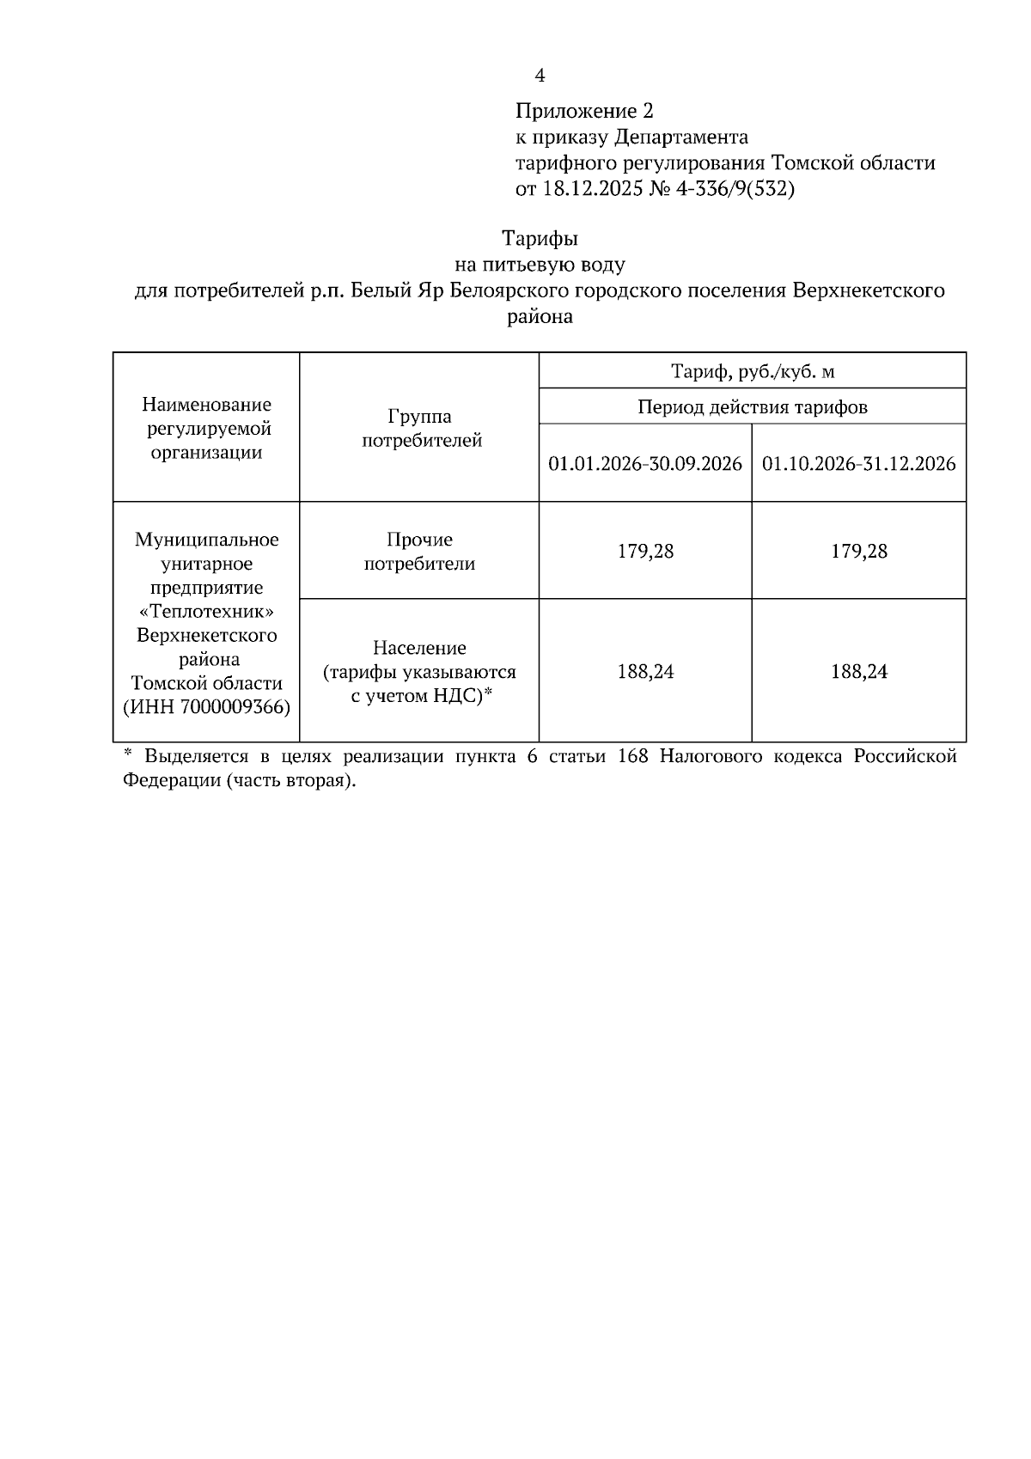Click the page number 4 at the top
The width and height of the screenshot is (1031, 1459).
coord(540,76)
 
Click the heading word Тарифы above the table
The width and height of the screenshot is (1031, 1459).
coord(540,238)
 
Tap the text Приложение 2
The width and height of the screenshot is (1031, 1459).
coord(584,111)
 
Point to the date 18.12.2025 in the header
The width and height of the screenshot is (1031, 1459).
coord(592,189)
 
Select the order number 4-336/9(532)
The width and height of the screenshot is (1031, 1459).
coord(735,189)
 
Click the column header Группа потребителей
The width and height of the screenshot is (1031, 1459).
coord(419,428)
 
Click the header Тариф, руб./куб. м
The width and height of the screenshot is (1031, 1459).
coord(752,371)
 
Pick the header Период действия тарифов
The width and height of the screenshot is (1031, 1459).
coord(752,406)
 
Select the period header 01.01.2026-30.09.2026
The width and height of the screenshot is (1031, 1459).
coord(645,464)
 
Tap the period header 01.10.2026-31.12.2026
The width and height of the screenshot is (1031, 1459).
coord(859,464)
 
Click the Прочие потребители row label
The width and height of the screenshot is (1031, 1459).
coord(419,552)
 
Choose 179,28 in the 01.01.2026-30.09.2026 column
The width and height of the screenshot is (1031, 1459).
coord(645,552)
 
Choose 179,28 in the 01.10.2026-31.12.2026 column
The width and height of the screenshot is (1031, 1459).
coord(859,552)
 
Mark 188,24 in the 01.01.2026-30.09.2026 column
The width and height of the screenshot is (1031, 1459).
coord(645,672)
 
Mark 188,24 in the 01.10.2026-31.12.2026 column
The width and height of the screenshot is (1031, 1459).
coord(859,672)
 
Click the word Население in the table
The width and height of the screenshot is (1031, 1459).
coord(419,648)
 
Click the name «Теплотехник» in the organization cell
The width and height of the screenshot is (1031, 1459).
coord(207,612)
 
